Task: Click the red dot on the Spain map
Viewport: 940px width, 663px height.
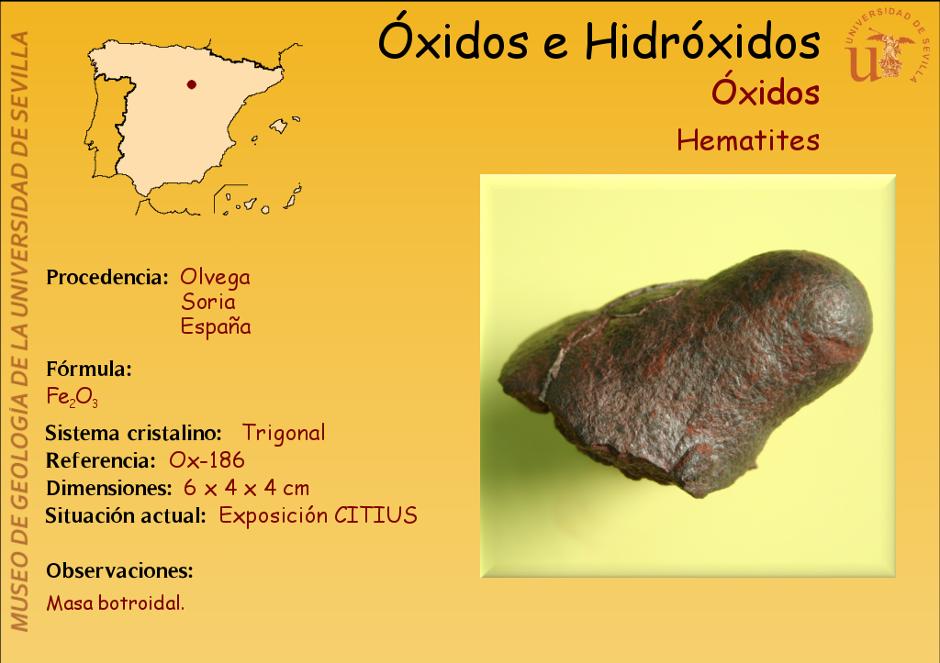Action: click(x=191, y=84)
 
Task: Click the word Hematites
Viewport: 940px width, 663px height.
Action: click(x=748, y=140)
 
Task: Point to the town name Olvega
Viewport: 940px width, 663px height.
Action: click(x=215, y=277)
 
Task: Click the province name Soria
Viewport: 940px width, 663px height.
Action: click(x=208, y=302)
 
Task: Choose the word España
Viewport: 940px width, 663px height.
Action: click(x=216, y=326)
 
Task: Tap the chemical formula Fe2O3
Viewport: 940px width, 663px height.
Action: click(x=72, y=396)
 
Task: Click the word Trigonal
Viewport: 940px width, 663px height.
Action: click(x=284, y=433)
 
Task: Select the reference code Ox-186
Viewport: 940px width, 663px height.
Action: click(x=207, y=460)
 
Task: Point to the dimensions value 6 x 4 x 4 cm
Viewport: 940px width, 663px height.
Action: click(x=246, y=488)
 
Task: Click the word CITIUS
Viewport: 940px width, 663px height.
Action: click(x=375, y=515)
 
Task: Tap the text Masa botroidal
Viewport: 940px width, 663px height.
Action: click(x=116, y=602)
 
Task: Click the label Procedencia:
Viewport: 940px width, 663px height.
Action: click(x=107, y=277)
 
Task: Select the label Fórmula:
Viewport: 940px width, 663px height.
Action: click(x=89, y=369)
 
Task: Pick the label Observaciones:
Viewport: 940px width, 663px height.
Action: click(x=120, y=570)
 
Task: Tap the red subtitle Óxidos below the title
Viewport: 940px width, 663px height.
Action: click(x=766, y=92)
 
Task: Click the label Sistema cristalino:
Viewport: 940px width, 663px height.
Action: click(x=134, y=433)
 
